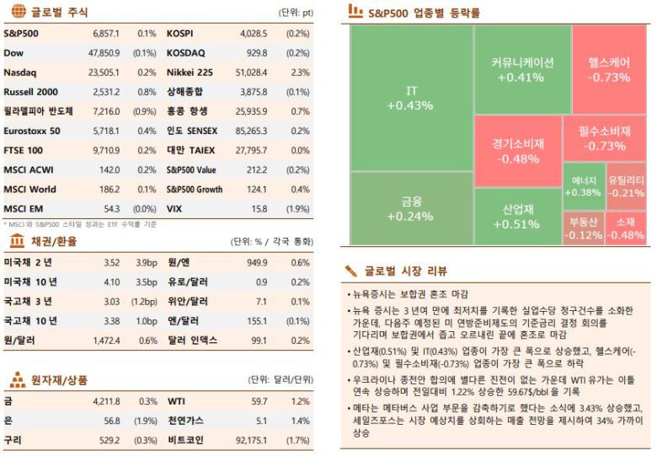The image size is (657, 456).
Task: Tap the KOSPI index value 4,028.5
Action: (252, 34)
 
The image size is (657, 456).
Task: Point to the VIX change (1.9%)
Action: (297, 208)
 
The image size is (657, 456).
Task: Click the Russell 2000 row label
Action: (31, 92)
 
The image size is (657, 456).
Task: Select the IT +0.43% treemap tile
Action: (410, 98)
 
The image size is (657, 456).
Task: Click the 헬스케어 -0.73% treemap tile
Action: (610, 69)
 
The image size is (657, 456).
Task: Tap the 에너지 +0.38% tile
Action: (584, 186)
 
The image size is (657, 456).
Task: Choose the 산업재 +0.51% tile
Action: (518, 216)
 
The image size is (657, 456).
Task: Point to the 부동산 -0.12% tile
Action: (583, 228)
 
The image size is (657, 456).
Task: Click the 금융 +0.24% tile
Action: (410, 208)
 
